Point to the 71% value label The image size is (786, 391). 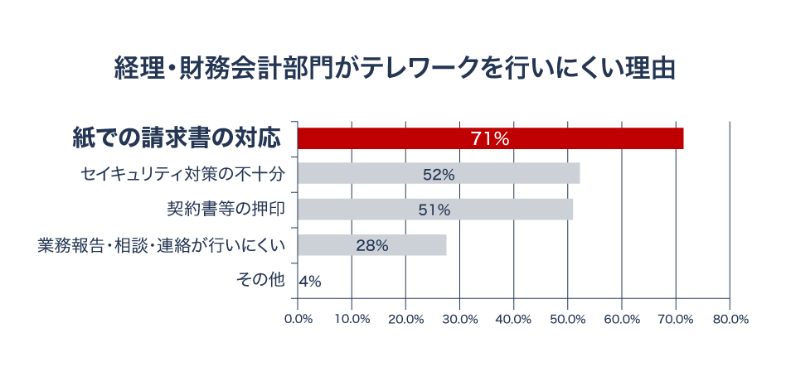click(489, 138)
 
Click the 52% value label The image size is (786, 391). click(439, 174)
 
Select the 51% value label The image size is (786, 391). click(434, 210)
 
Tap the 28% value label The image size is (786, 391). click(371, 245)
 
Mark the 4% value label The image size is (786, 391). click(310, 281)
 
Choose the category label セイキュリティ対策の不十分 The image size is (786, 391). click(182, 174)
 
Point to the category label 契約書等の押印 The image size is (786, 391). click(226, 210)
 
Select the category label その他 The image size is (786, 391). click(260, 281)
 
